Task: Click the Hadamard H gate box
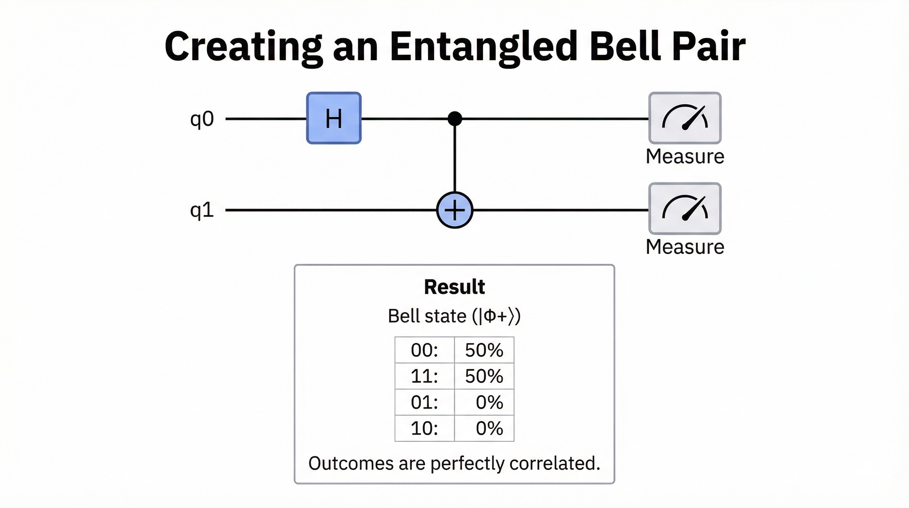pos(334,118)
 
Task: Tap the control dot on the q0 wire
pos(454,119)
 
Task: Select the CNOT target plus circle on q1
pos(454,210)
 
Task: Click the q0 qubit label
pos(202,119)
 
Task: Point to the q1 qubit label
pos(202,210)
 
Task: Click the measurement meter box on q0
pos(685,118)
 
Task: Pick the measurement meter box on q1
pos(685,208)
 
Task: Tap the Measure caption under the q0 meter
pos(685,156)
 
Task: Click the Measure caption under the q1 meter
pos(685,247)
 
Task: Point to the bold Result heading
pos(454,286)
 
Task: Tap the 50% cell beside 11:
pos(484,376)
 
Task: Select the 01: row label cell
pos(424,402)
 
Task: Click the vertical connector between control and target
pos(454,159)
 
